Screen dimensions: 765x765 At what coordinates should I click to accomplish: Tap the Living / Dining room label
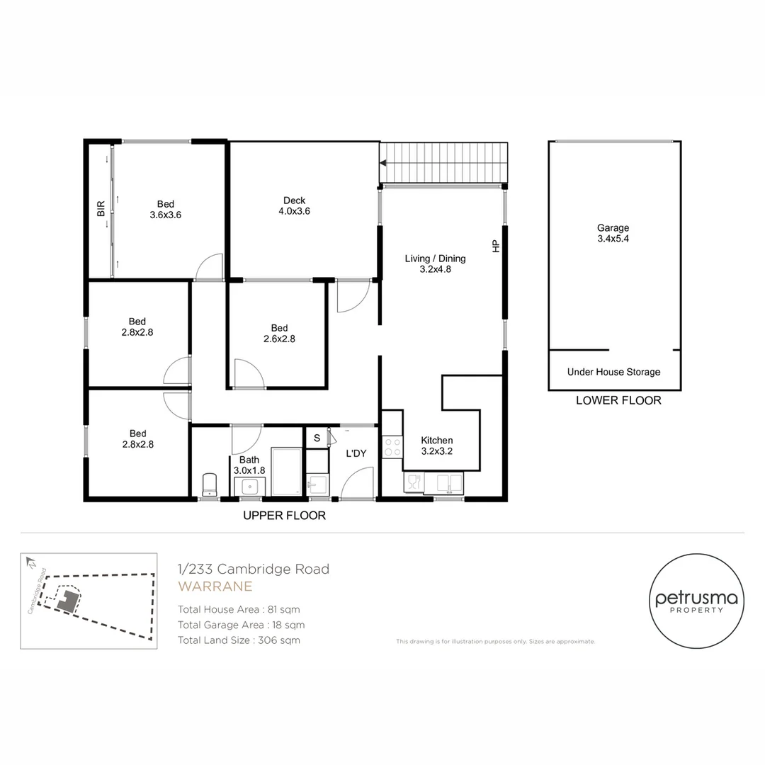pyautogui.click(x=435, y=263)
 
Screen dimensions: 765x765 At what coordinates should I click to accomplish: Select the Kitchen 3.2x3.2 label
pyautogui.click(x=436, y=446)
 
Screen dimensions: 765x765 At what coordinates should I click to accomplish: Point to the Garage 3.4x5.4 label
pyautogui.click(x=613, y=233)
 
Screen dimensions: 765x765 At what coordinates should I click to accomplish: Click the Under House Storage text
pyautogui.click(x=613, y=372)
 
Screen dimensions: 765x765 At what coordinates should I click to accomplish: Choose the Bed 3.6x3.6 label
pyautogui.click(x=166, y=209)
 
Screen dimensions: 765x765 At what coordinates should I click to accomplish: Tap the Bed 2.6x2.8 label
pyautogui.click(x=279, y=334)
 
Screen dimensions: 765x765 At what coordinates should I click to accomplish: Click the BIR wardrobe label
pyautogui.click(x=101, y=208)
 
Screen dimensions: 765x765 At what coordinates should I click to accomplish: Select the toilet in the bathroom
pyautogui.click(x=209, y=484)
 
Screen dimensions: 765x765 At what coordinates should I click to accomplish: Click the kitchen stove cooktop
pyautogui.click(x=392, y=446)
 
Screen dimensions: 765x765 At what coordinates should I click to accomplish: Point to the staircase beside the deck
pyautogui.click(x=445, y=162)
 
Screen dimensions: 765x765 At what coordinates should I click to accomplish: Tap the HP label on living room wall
pyautogui.click(x=496, y=246)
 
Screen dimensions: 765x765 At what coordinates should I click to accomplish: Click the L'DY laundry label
pyautogui.click(x=356, y=453)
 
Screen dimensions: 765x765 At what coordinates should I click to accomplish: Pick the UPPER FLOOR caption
pyautogui.click(x=284, y=516)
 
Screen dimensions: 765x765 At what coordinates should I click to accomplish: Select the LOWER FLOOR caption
pyautogui.click(x=618, y=400)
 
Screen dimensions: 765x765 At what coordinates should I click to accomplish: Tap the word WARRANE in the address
pyautogui.click(x=215, y=586)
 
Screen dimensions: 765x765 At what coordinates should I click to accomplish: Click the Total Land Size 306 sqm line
pyautogui.click(x=239, y=640)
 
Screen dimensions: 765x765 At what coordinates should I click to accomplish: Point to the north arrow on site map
pyautogui.click(x=30, y=562)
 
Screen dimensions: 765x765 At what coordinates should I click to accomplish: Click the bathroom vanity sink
pyautogui.click(x=249, y=487)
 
